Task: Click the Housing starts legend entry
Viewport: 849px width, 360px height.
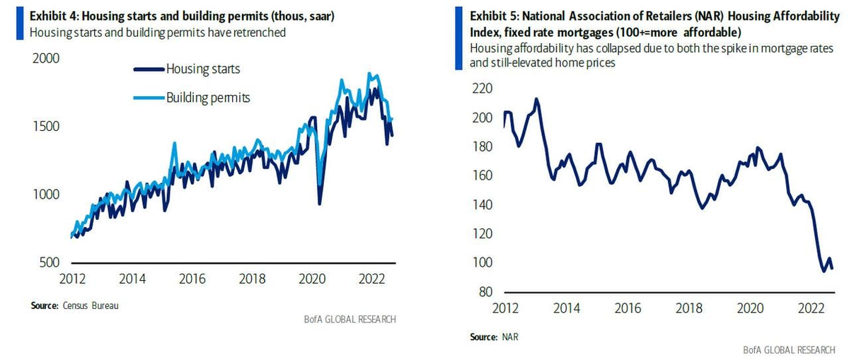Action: pos(203,69)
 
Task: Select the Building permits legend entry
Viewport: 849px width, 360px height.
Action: pos(208,96)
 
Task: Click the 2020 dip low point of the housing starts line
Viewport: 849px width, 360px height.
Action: pos(320,204)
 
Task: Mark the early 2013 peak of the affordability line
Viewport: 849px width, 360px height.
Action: pos(536,99)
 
